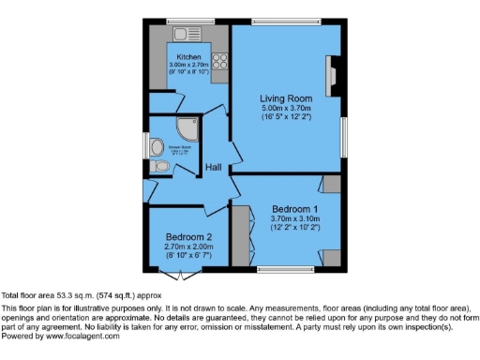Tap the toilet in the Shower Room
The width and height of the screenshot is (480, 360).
161,166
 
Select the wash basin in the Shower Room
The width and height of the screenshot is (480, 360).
157,144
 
